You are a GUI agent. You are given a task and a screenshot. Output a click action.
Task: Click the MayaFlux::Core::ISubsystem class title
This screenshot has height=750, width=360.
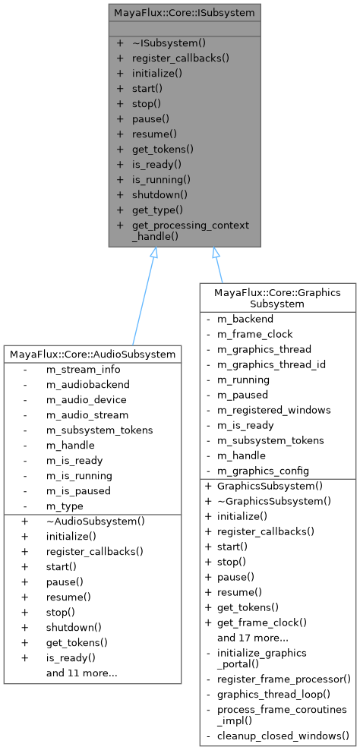tap(184, 13)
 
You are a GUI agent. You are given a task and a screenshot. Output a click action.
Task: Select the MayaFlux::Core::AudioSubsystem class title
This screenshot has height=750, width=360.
tap(93, 354)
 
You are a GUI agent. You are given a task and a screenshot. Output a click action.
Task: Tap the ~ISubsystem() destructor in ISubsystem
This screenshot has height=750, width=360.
tap(169, 43)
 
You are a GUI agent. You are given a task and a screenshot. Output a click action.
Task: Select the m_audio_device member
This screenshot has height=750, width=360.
tap(86, 400)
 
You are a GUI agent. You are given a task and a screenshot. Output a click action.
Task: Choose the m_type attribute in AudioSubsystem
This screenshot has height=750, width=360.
tap(65, 506)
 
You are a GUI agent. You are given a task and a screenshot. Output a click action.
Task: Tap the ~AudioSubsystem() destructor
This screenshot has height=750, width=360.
tap(96, 522)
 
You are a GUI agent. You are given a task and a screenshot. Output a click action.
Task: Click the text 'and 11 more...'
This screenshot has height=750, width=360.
tap(81, 673)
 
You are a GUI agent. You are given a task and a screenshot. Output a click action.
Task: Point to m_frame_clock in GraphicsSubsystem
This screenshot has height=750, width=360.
tap(254, 334)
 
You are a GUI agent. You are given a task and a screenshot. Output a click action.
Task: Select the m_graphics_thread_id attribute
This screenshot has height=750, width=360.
tap(271, 364)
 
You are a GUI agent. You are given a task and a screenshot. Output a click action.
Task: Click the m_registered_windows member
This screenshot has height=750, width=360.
tap(273, 410)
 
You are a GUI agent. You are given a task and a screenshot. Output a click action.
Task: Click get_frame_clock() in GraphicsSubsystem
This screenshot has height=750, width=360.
tap(261, 622)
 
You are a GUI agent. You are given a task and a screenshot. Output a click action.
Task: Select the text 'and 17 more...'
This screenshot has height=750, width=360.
tap(252, 638)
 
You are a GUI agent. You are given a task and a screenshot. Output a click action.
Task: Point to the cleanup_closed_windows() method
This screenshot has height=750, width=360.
tap(283, 736)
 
